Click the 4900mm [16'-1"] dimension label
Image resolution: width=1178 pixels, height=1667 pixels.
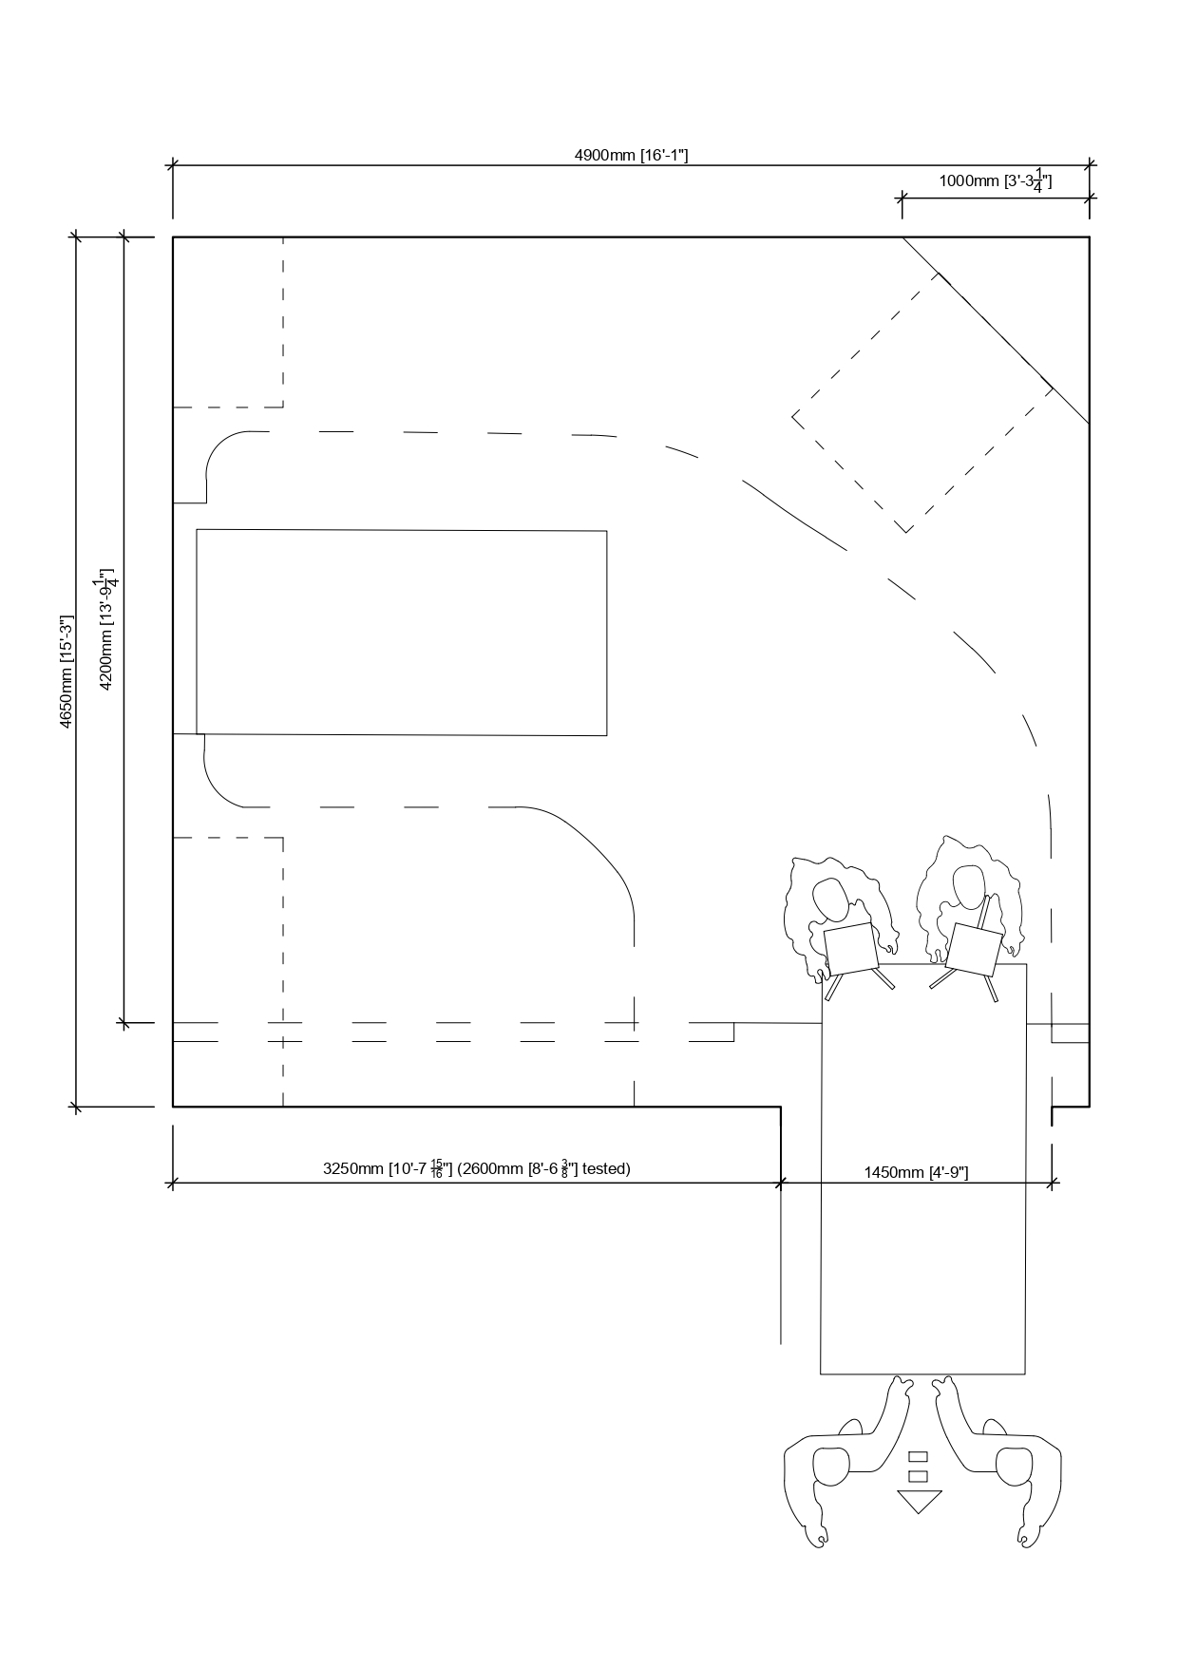click(x=631, y=155)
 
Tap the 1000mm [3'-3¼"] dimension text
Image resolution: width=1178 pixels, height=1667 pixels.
click(x=996, y=180)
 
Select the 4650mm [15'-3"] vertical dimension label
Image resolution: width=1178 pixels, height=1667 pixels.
click(x=66, y=672)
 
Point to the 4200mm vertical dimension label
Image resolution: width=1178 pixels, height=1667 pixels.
click(x=106, y=632)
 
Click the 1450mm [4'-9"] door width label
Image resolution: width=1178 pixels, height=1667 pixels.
click(x=916, y=1172)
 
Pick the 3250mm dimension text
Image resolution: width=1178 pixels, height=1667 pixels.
click(x=352, y=1168)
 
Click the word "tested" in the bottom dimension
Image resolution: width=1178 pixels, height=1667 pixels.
click(x=606, y=1168)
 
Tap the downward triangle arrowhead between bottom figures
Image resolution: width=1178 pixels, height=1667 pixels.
click(x=919, y=1502)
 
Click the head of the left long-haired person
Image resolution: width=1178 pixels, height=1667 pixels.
click(x=831, y=899)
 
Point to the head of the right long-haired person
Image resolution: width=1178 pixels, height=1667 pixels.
click(x=968, y=886)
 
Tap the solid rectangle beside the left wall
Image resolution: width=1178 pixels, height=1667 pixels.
click(x=402, y=633)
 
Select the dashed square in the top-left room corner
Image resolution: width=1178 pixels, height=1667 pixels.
click(x=228, y=322)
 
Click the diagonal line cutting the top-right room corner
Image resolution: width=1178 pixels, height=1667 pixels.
click(x=996, y=330)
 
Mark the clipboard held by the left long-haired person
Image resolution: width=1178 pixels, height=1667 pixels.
click(x=851, y=949)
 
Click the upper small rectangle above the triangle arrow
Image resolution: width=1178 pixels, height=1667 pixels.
click(x=918, y=1456)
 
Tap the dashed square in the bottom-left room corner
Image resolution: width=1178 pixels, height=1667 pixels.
click(x=228, y=972)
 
